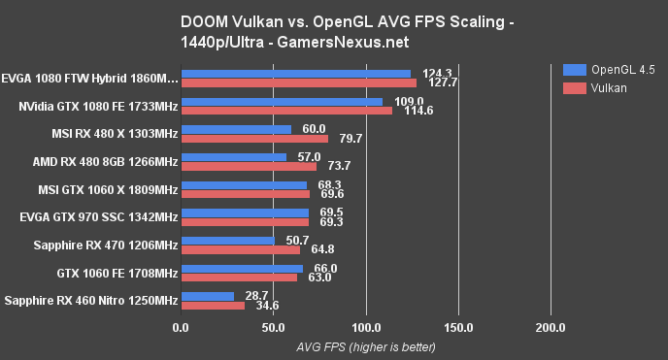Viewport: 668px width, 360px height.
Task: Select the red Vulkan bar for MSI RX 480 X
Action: [254, 138]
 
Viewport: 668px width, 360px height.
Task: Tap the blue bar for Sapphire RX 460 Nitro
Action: [207, 296]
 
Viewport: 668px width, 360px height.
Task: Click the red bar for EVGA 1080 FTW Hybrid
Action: [298, 82]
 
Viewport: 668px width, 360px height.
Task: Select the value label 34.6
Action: [268, 306]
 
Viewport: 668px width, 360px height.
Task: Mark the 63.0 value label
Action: [320, 278]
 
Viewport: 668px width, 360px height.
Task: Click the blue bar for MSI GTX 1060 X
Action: [244, 184]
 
